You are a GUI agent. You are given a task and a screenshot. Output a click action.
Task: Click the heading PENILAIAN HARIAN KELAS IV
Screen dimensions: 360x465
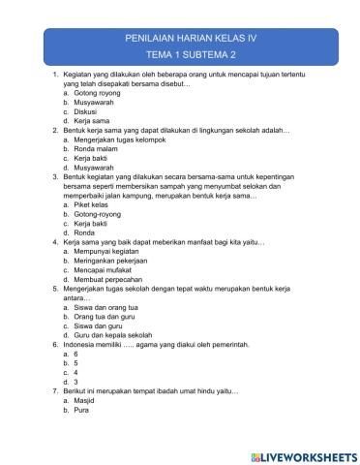pos(179,37)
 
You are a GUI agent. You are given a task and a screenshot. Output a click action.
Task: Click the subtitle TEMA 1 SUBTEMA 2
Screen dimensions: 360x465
pos(179,54)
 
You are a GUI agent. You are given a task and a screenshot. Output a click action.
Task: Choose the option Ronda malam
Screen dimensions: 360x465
pos(96,147)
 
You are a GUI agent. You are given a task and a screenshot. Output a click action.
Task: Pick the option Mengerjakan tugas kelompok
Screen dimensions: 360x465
pos(116,138)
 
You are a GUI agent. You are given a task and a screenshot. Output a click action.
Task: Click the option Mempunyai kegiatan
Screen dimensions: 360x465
pos(108,251)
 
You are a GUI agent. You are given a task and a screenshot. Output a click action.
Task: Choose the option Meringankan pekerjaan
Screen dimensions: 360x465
pos(113,261)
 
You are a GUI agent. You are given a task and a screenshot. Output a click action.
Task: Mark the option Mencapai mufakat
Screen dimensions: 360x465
pos(106,270)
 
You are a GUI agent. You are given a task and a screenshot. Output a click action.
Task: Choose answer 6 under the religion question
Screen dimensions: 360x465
pos(76,354)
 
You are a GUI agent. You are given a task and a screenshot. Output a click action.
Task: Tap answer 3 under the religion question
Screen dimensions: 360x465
pos(76,382)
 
